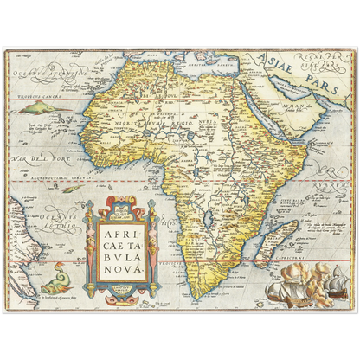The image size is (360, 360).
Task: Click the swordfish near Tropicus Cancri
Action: tap(39, 107)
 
